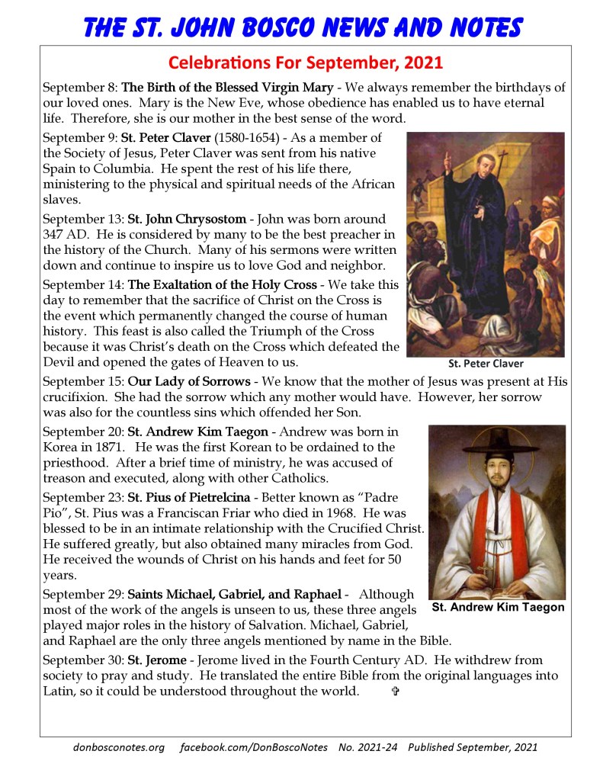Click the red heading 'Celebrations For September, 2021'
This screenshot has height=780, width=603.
point(305,61)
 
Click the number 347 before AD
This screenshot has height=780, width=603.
point(56,234)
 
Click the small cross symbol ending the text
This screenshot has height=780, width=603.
point(395,692)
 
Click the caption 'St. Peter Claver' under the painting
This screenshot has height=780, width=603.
point(486,364)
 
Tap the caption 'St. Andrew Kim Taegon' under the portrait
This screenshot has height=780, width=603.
point(498,608)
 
